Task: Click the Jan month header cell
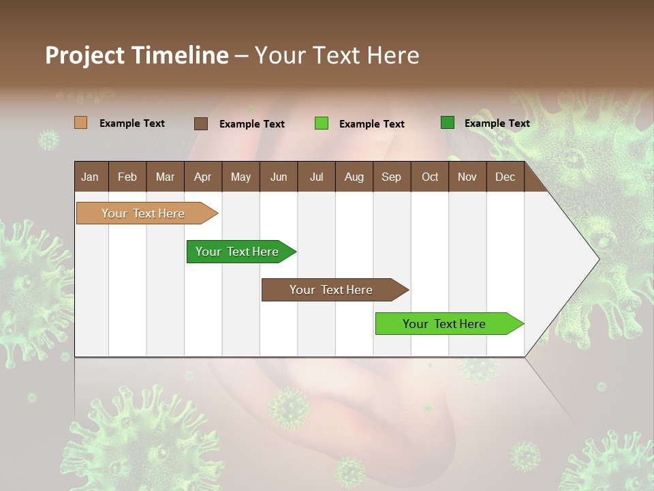[x=91, y=177]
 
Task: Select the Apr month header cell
[x=203, y=177]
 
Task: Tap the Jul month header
[x=316, y=177]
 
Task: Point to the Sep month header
[x=391, y=177]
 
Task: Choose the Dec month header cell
[x=505, y=177]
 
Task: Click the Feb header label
[x=127, y=177]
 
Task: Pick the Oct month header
[x=429, y=177]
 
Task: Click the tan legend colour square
[x=81, y=123]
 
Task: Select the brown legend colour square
[x=201, y=123]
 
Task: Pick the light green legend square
[x=322, y=123]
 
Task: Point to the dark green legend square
[x=448, y=123]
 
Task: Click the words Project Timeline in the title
[x=137, y=55]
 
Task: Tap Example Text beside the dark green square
[x=497, y=123]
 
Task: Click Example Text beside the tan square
[x=132, y=123]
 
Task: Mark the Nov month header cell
[x=467, y=177]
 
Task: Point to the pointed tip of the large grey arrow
[x=597, y=259]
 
